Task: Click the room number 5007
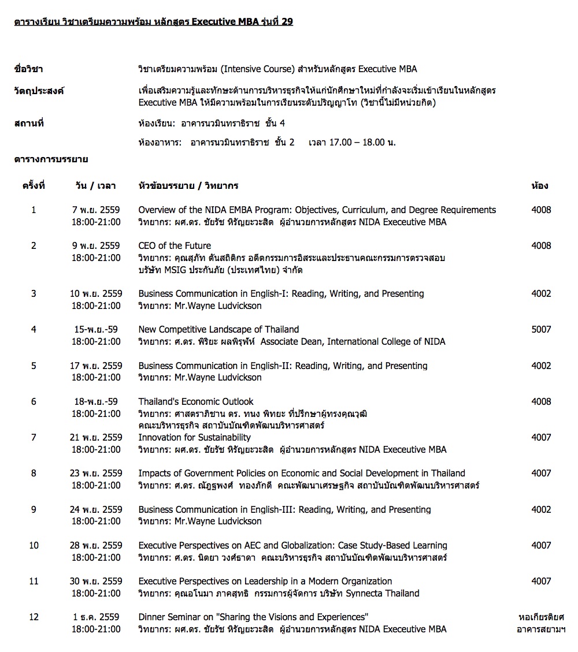[541, 330]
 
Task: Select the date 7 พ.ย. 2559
[96, 210]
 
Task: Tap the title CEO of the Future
[175, 246]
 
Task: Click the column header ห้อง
[540, 186]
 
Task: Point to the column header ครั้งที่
[34, 186]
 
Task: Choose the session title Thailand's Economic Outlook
[196, 402]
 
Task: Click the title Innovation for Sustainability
[194, 438]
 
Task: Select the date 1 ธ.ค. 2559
[96, 617]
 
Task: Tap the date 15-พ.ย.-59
[96, 330]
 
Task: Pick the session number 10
[34, 546]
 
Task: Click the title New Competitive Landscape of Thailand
[218, 330]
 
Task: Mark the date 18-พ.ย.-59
[96, 402]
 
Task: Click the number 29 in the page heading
[287, 22]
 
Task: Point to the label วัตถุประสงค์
[39, 91]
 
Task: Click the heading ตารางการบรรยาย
[51, 159]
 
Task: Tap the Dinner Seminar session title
[253, 617]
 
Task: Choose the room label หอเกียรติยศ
[541, 617]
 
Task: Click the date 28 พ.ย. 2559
[96, 546]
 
